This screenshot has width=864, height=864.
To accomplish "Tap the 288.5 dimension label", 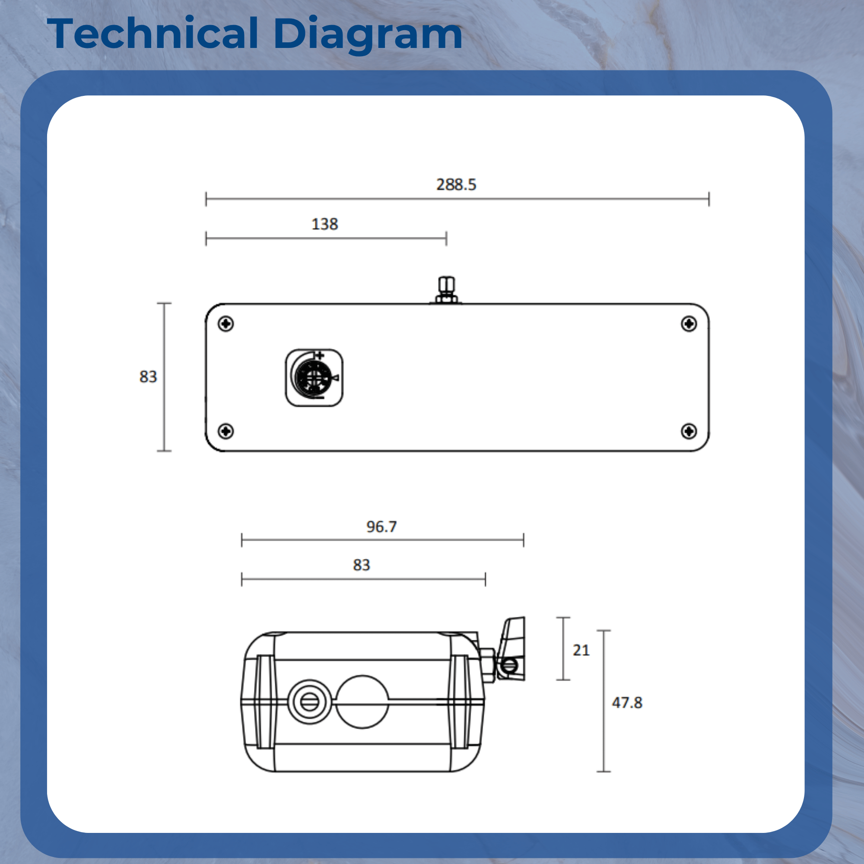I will (x=456, y=185).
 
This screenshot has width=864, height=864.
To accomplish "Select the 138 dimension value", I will (x=325, y=224).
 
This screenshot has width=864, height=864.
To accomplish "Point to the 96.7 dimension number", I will (x=381, y=527).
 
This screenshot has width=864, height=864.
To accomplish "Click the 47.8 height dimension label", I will (x=627, y=702).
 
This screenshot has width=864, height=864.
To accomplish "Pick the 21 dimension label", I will (x=581, y=650).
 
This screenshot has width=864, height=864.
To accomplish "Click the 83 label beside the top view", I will (x=148, y=377).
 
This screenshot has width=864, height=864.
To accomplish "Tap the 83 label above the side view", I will (x=361, y=565).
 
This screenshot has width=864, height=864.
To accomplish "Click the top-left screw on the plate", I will (x=226, y=323).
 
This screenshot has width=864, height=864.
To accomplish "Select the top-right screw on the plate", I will (x=689, y=323).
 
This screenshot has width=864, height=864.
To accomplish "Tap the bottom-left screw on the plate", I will (x=226, y=431).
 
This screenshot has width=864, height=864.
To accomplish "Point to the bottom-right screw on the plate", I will (x=689, y=431).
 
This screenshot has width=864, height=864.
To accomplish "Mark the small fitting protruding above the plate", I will (x=446, y=290).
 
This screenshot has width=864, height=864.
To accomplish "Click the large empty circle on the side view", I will (x=362, y=702).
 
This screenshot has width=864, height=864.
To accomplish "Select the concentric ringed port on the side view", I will (x=309, y=702).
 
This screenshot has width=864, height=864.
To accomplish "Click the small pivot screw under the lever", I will (x=509, y=666).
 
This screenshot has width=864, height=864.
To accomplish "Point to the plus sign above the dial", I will (x=319, y=356).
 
